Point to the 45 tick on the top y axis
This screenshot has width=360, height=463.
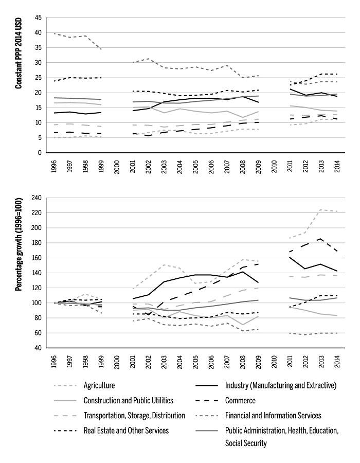click(38, 17)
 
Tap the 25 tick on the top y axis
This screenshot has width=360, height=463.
click(38, 78)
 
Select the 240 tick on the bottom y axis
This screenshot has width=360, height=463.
click(36, 198)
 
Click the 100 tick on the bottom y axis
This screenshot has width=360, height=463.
click(36, 303)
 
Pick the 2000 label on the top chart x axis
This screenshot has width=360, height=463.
click(117, 168)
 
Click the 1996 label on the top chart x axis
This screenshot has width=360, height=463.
click(55, 168)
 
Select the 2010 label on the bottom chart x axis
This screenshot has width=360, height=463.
click(273, 363)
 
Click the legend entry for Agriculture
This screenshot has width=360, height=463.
click(100, 385)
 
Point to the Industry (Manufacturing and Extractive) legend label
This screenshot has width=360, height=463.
click(281, 385)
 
